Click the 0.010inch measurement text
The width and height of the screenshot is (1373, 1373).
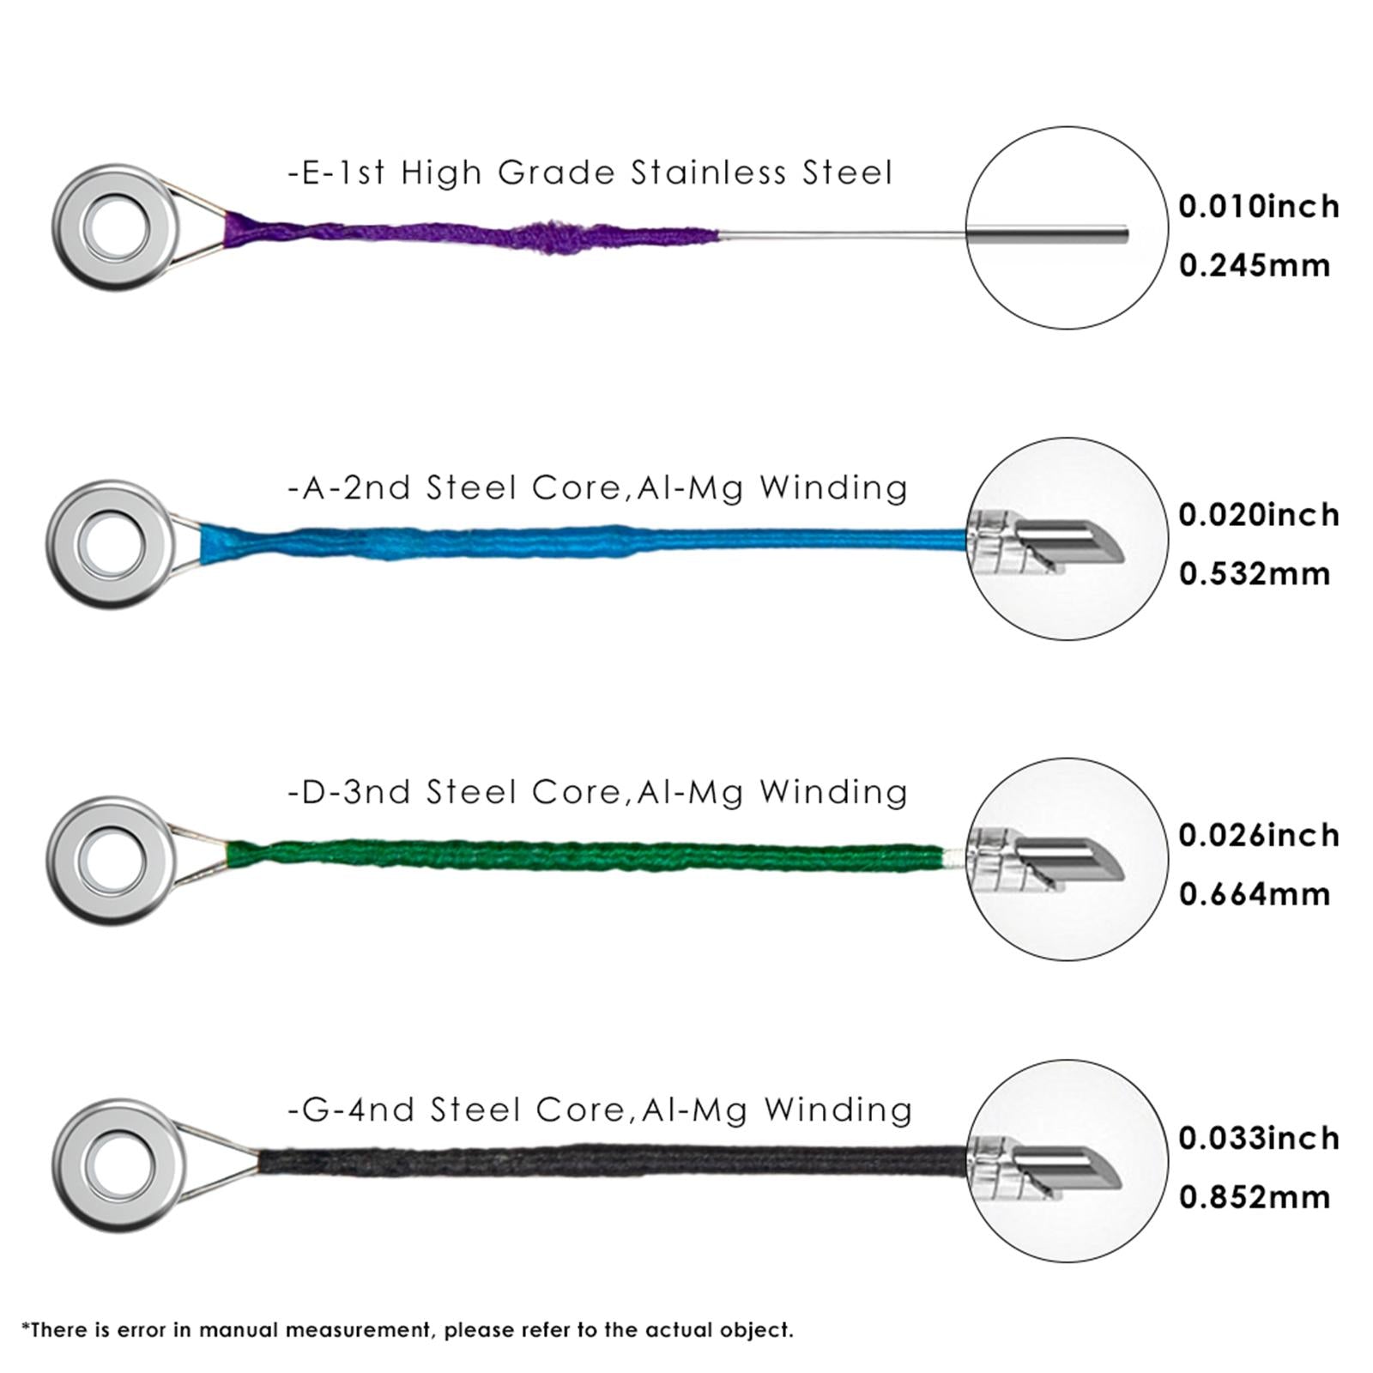pos(1258,207)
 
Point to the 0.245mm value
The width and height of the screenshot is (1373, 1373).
pos(1254,266)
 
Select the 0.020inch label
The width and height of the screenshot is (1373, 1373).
pos(1258,515)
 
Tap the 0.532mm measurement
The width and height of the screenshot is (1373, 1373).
pos(1254,574)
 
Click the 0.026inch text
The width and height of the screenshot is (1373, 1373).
pos(1258,835)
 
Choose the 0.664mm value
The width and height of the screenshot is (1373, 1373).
pos(1254,894)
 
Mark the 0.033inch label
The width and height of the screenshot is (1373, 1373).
pos(1258,1138)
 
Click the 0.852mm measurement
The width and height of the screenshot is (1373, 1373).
pos(1254,1197)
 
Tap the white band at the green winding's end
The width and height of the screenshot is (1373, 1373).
pos(953,856)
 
